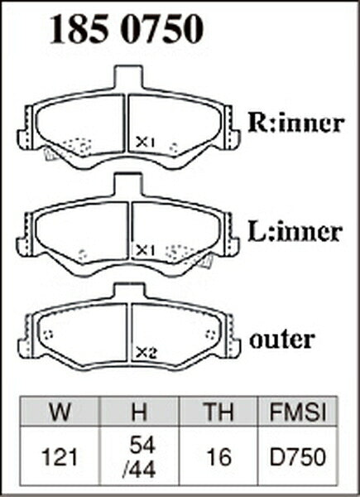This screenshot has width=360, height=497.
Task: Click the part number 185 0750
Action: click(x=127, y=28)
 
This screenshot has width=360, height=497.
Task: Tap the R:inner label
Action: click(x=296, y=123)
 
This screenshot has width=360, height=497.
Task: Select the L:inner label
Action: click(x=295, y=232)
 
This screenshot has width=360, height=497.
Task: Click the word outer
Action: click(x=282, y=340)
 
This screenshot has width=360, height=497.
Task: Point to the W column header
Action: click(x=60, y=411)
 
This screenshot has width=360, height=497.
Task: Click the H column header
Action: click(x=139, y=411)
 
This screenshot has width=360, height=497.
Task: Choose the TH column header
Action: click(x=218, y=411)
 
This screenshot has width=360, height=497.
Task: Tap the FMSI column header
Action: click(x=298, y=411)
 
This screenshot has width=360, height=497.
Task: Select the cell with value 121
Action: click(x=60, y=458)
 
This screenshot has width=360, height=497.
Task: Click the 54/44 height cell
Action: click(x=139, y=458)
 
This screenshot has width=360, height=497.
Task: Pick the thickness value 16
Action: click(x=218, y=458)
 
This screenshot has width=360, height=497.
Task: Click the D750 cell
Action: click(x=298, y=458)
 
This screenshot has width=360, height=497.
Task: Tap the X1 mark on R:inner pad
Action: click(x=146, y=142)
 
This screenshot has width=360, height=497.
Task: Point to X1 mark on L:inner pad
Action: click(x=146, y=251)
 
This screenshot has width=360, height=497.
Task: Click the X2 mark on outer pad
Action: click(x=146, y=353)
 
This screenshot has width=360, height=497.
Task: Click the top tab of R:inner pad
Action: click(x=128, y=77)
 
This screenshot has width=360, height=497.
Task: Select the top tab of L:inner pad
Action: click(x=128, y=185)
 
